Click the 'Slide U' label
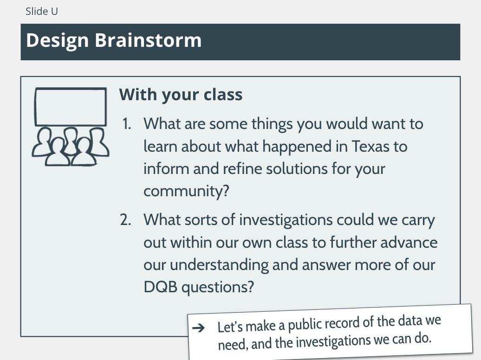tap(41, 11)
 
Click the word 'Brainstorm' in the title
tap(148, 40)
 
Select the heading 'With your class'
tap(181, 95)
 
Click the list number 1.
tap(126, 124)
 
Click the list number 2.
tap(126, 220)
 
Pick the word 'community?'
tap(187, 192)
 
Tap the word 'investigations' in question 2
tap(286, 220)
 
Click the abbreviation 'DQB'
tap(161, 287)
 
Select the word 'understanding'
tap(219, 265)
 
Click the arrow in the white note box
tap(198, 328)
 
